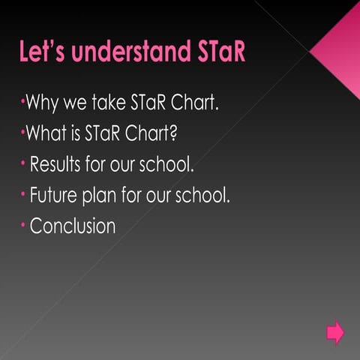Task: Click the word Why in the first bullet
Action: coord(43,103)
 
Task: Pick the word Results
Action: coord(61,165)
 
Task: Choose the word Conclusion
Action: coord(73,226)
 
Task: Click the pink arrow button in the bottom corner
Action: coord(335,331)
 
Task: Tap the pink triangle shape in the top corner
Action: coord(339,49)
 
